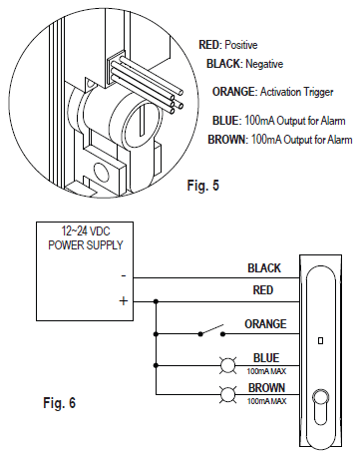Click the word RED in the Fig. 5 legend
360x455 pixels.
(x=209, y=45)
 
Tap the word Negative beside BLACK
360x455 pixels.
(x=264, y=64)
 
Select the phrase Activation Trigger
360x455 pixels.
(x=296, y=92)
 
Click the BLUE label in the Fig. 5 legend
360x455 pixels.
(x=226, y=120)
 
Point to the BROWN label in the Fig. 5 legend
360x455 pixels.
(x=226, y=139)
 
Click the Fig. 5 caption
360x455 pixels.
(x=203, y=186)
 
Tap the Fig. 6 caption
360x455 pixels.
(x=60, y=403)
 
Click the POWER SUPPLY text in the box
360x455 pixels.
(x=86, y=245)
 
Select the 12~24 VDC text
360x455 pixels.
(x=86, y=230)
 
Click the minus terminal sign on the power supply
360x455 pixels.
(x=124, y=276)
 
